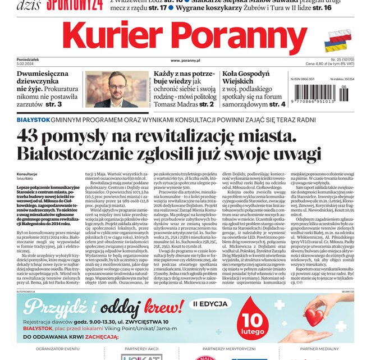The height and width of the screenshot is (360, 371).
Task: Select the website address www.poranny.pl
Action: pos(186,60)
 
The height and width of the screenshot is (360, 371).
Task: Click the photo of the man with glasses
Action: pos(117,89)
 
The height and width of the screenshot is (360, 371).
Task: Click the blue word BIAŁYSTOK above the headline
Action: pos(33,120)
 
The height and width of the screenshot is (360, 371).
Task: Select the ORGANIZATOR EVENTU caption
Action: pos(57,349)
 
